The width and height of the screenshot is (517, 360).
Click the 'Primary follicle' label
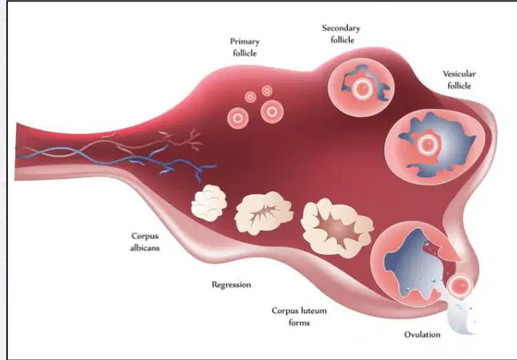pos(245,47)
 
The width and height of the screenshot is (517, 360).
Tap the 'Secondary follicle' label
pos(341,34)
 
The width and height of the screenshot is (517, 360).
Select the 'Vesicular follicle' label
pos(459,80)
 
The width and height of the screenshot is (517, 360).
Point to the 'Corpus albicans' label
pos(145,241)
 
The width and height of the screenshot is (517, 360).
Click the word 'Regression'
pos(231,284)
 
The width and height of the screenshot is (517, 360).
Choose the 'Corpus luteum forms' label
pos(299,316)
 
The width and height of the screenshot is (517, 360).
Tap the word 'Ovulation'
pos(422,335)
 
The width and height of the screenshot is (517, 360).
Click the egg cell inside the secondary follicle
pos(362,88)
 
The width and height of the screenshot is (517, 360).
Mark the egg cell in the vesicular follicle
pos(428,144)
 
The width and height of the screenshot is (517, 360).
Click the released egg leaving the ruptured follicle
pos(461,285)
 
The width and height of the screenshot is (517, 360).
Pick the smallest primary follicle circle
pos(267,91)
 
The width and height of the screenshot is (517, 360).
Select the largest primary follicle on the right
pos(272,112)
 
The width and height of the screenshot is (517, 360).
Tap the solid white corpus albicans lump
pos(209,203)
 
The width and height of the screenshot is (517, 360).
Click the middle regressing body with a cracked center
pos(264,213)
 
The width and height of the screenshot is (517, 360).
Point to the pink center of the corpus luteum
pos(337,228)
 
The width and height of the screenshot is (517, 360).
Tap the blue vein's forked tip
pos(205,169)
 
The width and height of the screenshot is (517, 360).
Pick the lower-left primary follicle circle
pos(237,118)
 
